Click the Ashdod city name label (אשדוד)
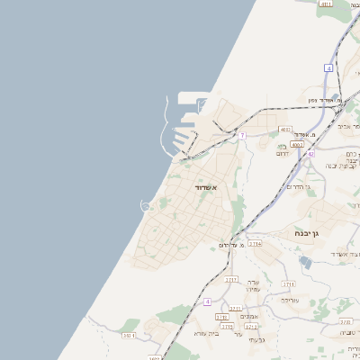coord(206,186)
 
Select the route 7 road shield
coord(242,135)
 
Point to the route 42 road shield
coord(310,154)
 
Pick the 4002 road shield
coord(285,129)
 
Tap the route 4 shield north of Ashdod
coord(329,67)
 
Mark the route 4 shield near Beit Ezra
coord(207,301)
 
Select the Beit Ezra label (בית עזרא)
coord(206,333)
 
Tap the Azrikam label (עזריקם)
coord(288,300)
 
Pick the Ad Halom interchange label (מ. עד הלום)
coord(232,245)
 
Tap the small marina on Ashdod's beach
coord(146,207)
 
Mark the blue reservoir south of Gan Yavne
coord(305,262)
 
